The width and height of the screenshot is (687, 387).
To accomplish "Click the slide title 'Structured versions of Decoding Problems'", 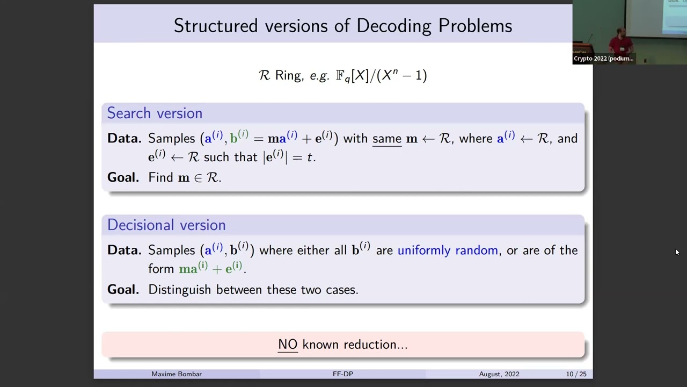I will click(343, 25).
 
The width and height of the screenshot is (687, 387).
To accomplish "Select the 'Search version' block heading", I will click(155, 113).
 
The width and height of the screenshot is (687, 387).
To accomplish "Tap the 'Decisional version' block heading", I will click(166, 225).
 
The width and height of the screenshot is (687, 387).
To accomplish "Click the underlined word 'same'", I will click(387, 139).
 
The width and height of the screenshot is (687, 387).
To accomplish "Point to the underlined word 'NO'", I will click(288, 345).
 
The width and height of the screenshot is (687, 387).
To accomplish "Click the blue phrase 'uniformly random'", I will click(448, 250).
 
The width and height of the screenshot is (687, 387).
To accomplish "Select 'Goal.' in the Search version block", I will click(123, 178).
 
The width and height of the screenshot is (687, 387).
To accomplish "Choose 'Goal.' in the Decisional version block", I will click(123, 290).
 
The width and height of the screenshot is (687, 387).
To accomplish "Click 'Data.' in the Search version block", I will click(124, 139).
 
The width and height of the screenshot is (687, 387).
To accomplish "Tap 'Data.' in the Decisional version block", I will click(124, 250).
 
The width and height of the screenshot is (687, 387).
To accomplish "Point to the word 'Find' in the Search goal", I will click(160, 178).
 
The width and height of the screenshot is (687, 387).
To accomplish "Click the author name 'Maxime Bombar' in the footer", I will click(177, 374).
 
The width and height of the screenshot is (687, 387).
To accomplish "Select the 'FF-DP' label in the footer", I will click(343, 374).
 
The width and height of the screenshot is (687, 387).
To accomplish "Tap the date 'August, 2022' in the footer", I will click(499, 374).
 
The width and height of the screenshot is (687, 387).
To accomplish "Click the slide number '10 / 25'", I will click(576, 374).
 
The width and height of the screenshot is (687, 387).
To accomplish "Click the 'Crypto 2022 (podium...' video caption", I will click(603, 59).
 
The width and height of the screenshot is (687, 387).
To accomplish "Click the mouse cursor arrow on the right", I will click(677, 252).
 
